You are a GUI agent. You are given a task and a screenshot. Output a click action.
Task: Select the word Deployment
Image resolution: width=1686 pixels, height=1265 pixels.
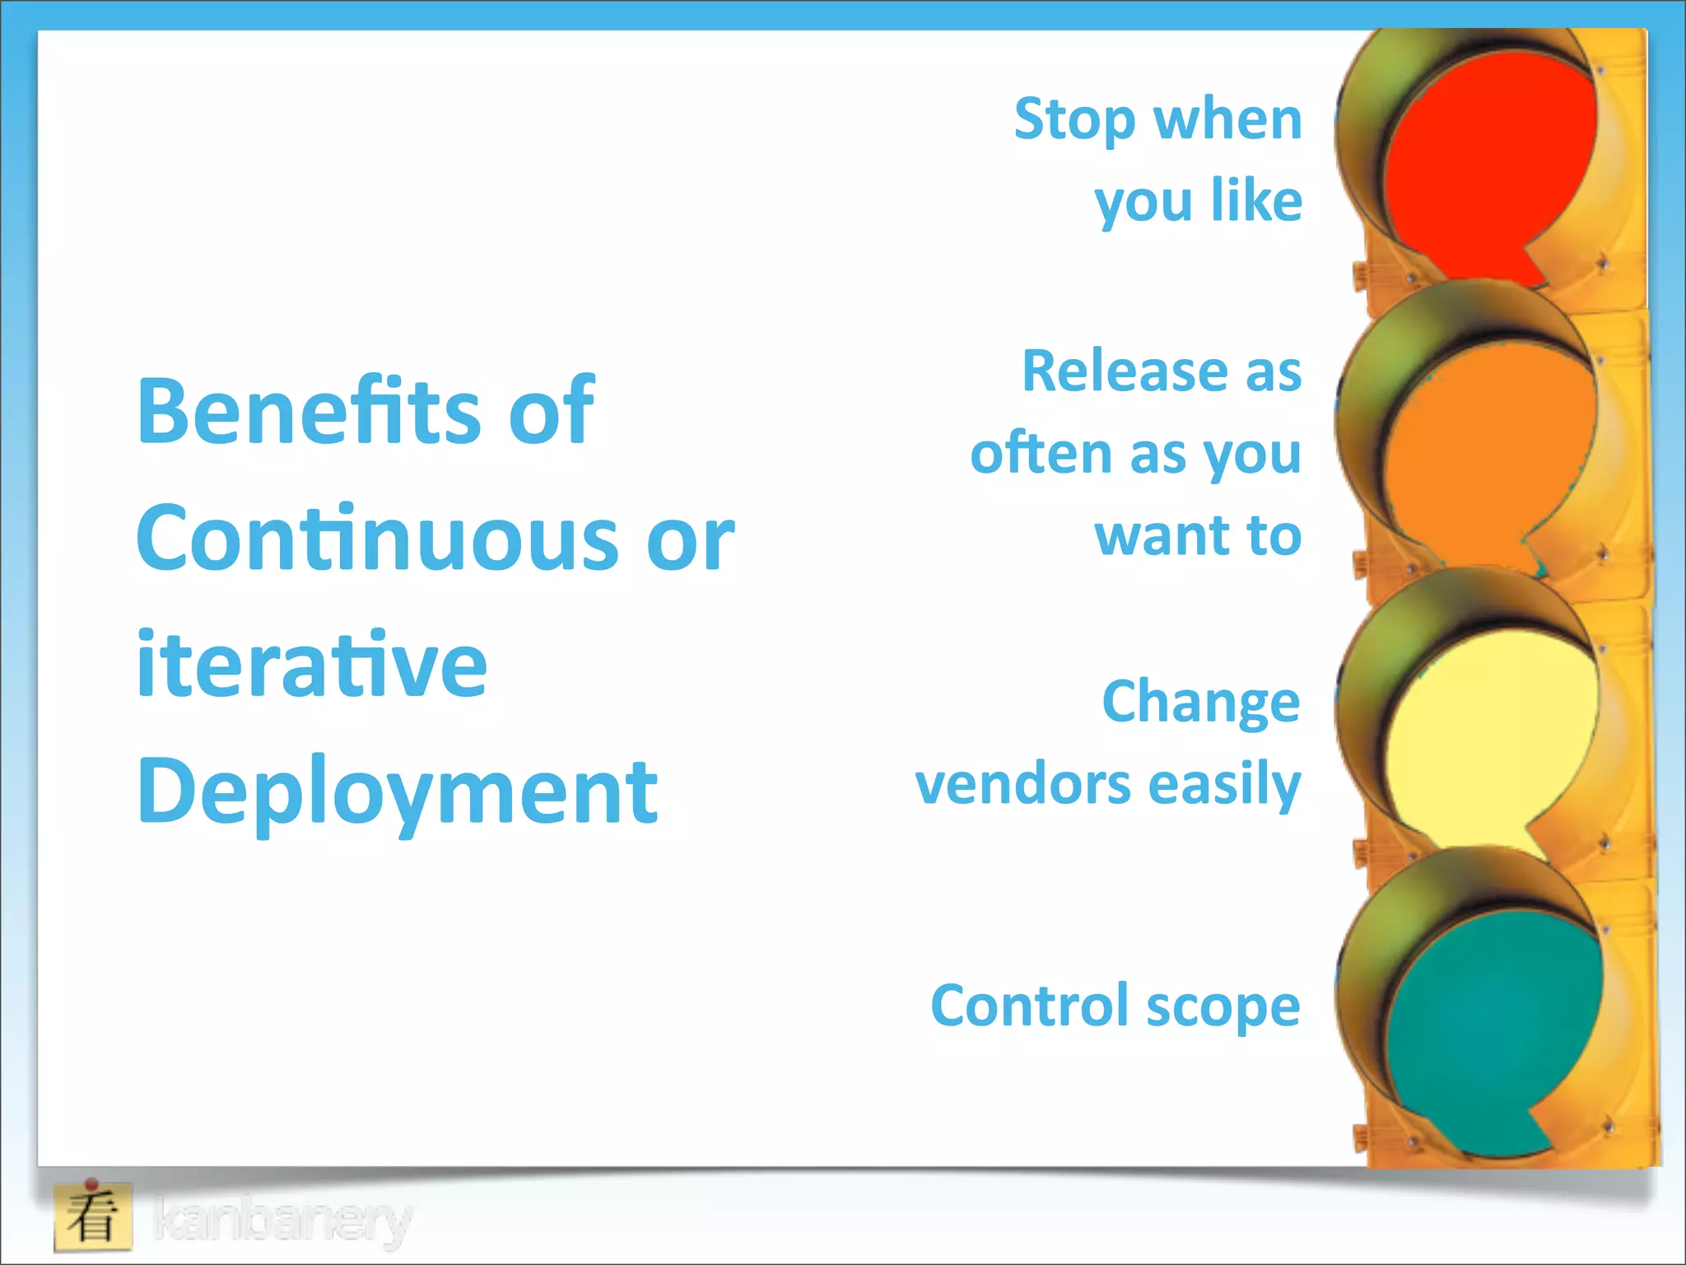click(x=397, y=792)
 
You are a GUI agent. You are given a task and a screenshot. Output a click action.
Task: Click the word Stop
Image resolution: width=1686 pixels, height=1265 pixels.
click(x=1074, y=120)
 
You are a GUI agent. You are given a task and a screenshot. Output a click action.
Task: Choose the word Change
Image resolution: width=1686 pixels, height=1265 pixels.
click(x=1200, y=703)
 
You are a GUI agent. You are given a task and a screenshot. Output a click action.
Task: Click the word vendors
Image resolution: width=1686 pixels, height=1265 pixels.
click(x=1023, y=784)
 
